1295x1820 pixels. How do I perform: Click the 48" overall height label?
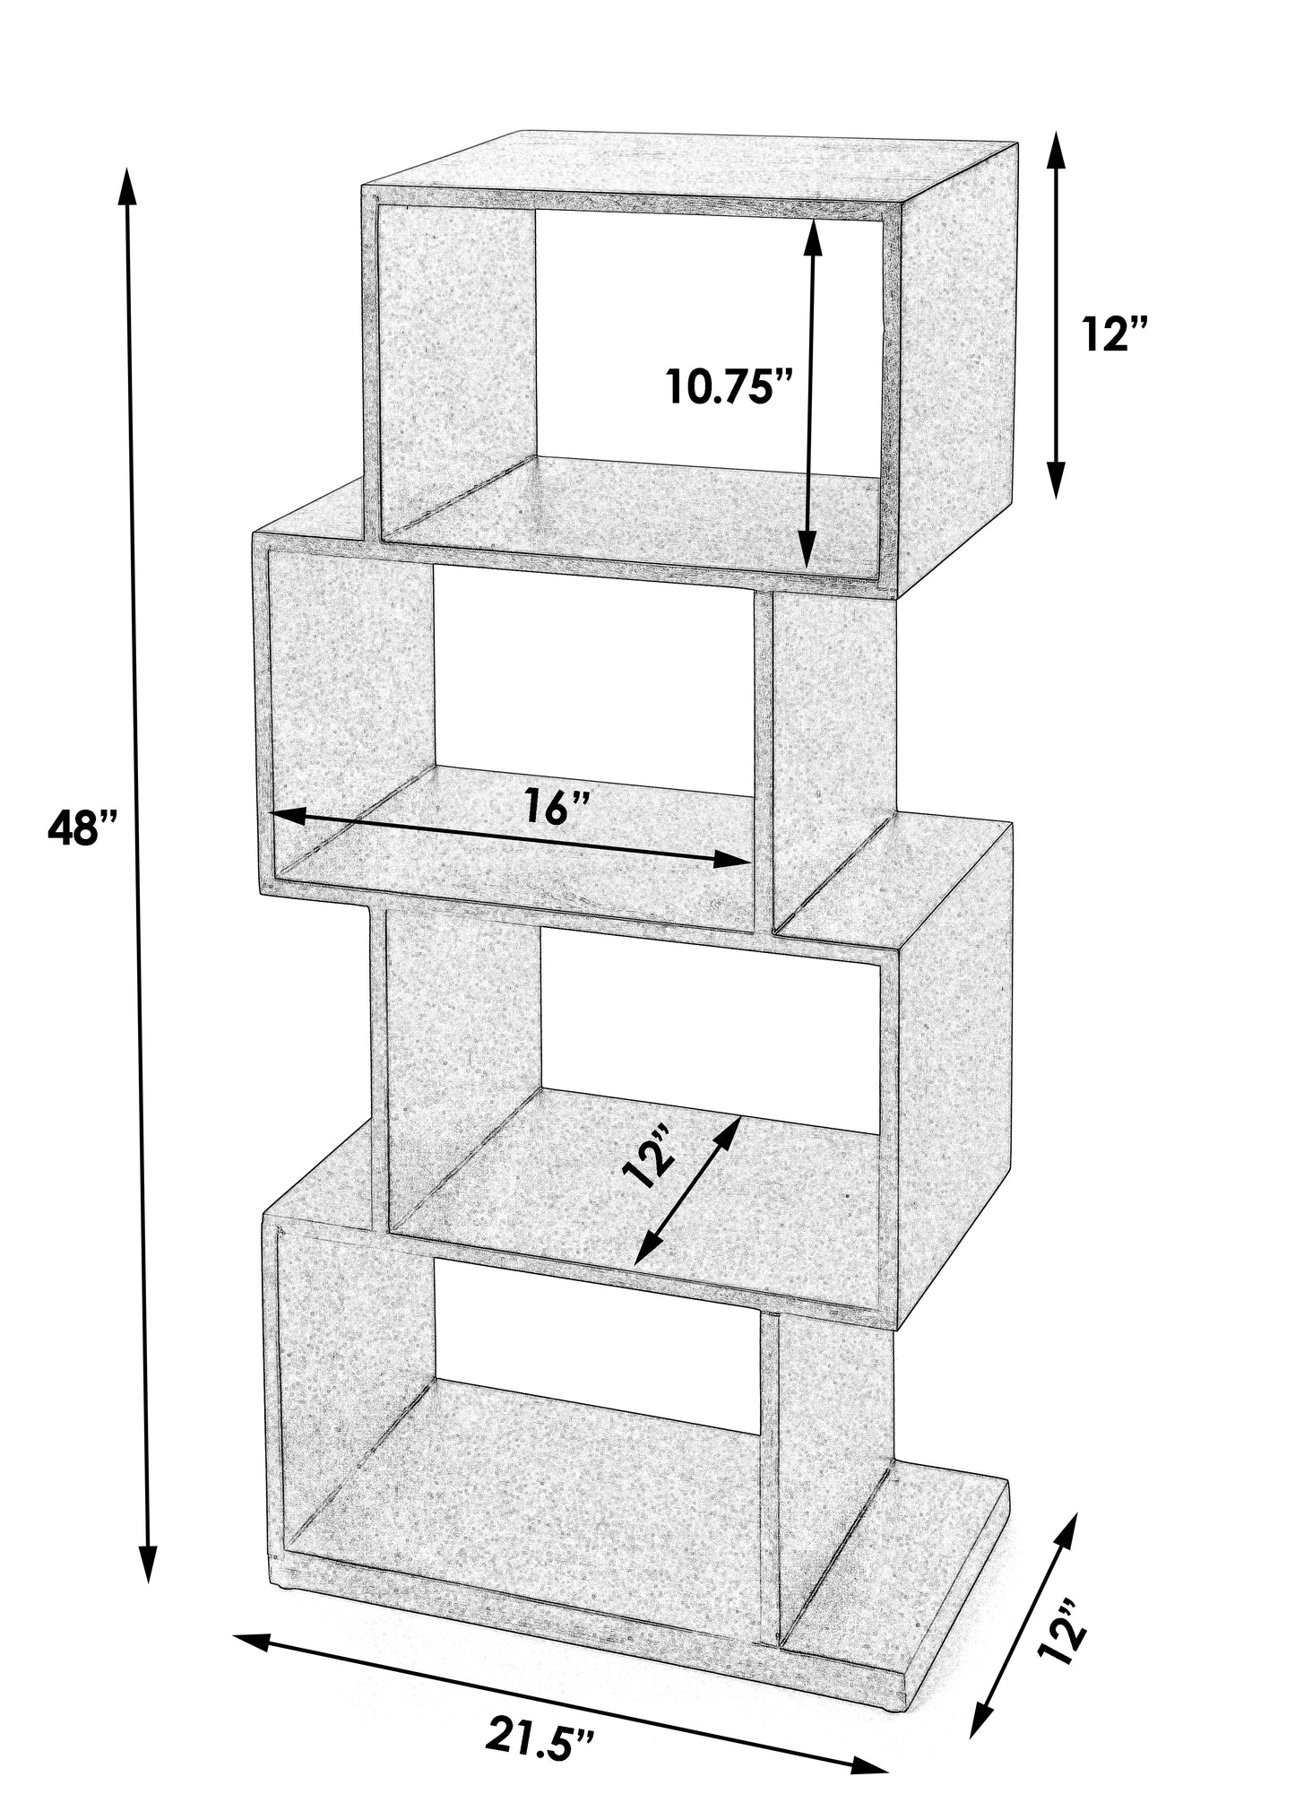pyautogui.click(x=83, y=828)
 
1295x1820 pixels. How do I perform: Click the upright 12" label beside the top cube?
pyautogui.click(x=1115, y=334)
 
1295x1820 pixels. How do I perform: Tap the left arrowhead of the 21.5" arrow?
pyautogui.click(x=253, y=1641)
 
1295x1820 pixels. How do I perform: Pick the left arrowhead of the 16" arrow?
pyautogui.click(x=288, y=814)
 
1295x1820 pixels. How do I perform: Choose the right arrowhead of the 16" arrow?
pyautogui.click(x=732, y=860)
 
